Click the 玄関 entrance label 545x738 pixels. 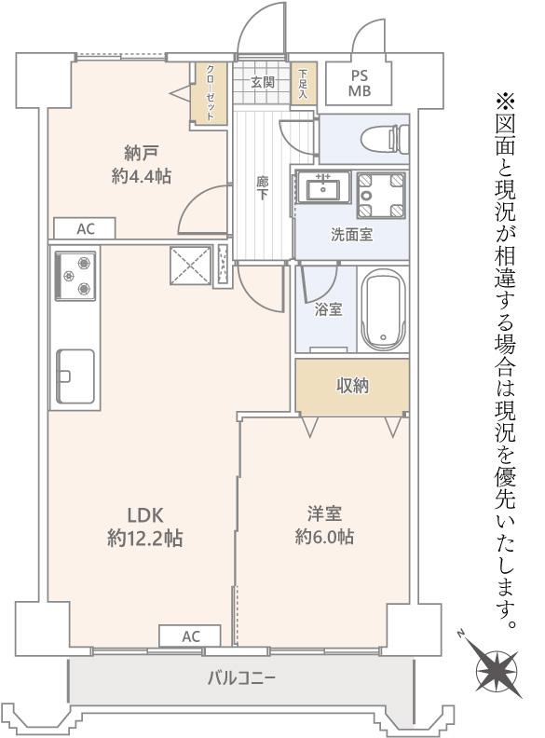click(263, 83)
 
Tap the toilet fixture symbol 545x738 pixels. click(385, 138)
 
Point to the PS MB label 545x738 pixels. click(359, 83)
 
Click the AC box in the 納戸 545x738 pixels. click(85, 228)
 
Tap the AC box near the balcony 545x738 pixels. click(190, 636)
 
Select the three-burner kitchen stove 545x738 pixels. click(75, 276)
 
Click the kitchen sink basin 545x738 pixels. click(75, 376)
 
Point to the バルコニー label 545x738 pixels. click(241, 678)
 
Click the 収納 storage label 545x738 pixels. click(352, 386)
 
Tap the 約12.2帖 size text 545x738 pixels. click(144, 539)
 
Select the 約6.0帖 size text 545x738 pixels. click(324, 537)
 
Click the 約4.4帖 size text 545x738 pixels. click(142, 176)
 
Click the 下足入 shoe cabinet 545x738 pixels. click(304, 83)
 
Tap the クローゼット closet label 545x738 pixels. click(211, 93)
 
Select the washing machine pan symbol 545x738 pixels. click(380, 196)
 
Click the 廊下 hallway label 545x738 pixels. click(262, 188)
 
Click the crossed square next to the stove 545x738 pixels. click(191, 266)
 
